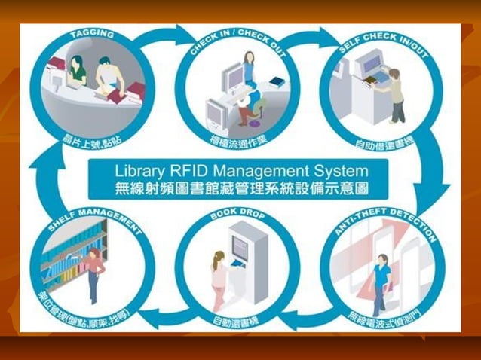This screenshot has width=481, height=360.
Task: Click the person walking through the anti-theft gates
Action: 380,282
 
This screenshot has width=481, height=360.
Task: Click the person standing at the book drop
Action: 219,279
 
